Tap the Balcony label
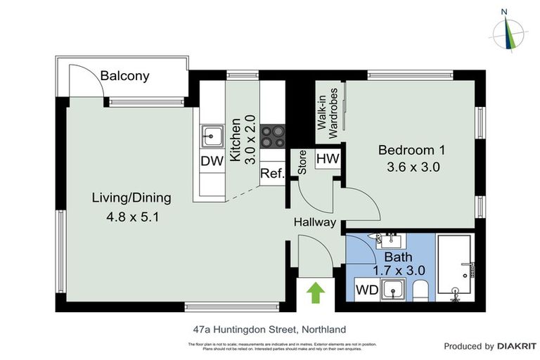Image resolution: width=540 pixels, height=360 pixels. coord(124,76)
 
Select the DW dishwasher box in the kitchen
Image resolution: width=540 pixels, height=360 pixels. coord(212,161)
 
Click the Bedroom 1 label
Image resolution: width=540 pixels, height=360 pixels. coord(411,150)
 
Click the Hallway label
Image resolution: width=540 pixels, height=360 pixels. coord(314,222)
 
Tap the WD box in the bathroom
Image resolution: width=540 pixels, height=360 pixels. coord(366,289)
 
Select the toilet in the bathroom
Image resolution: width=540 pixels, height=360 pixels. coord(420,290)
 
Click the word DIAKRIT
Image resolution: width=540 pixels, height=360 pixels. coord(517,346)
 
